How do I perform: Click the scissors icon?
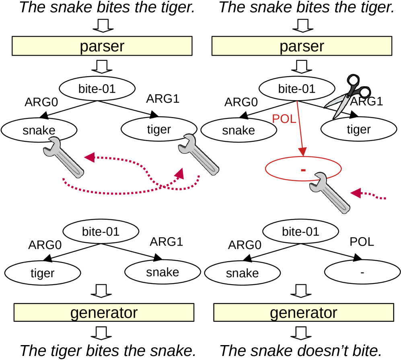click(x=348, y=95)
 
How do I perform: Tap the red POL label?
click(x=284, y=119)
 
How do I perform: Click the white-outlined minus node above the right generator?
click(x=362, y=273)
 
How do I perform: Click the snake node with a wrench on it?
click(x=39, y=130)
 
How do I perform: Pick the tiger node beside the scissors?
click(x=358, y=130)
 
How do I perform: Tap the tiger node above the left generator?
click(x=43, y=273)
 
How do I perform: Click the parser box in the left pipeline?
click(x=102, y=46)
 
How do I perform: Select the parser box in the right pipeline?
click(x=302, y=46)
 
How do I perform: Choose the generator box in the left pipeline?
click(x=104, y=313)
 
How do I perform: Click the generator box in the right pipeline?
click(x=303, y=313)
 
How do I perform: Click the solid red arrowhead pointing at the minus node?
click(x=302, y=152)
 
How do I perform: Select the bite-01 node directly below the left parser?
click(x=97, y=89)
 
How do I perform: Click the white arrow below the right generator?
click(x=301, y=333)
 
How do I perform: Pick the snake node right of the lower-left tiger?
click(x=162, y=272)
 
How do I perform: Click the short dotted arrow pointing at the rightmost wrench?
click(x=368, y=195)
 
